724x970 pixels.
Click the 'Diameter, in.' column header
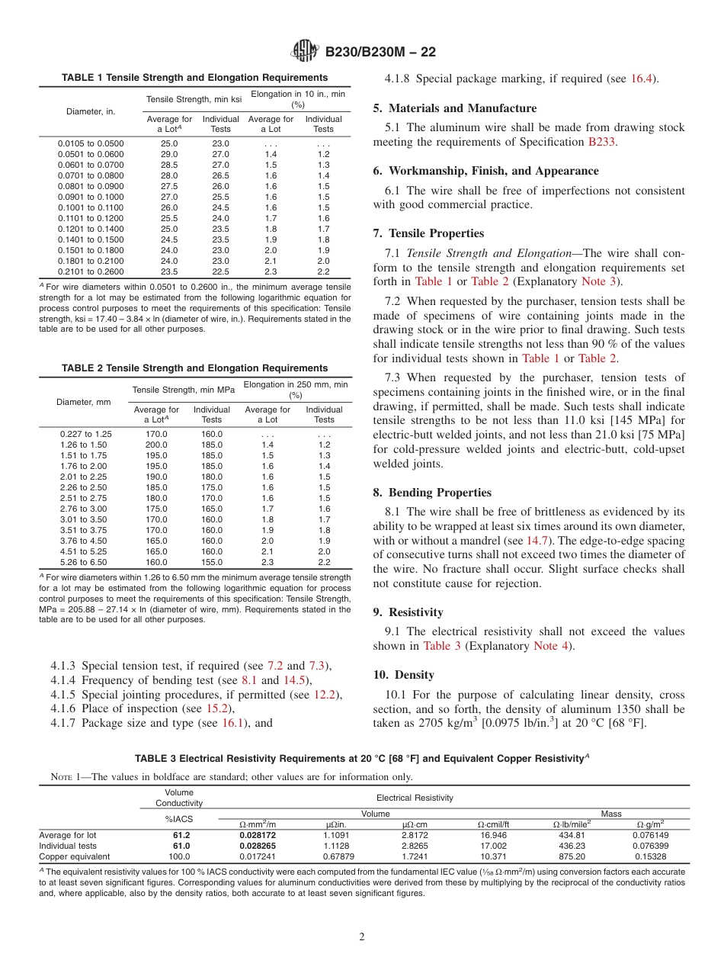tap(90, 111)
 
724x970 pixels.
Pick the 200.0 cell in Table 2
tap(156, 445)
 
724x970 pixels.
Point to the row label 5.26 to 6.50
tap(85, 562)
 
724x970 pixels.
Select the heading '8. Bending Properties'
tap(432, 493)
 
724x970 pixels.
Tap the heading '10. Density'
tap(403, 675)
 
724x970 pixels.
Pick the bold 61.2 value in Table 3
tap(181, 835)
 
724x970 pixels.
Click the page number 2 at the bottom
tap(362, 937)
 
